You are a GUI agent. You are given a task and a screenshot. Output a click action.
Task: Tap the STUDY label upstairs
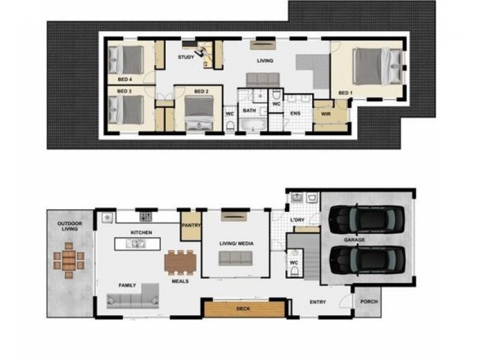click(x=186, y=57)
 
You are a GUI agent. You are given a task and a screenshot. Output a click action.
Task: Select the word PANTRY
click(x=191, y=226)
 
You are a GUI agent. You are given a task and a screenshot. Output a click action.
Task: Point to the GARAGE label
click(x=354, y=239)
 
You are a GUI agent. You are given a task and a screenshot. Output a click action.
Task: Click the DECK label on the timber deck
click(x=244, y=308)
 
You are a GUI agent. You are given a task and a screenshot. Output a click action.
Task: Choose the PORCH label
click(x=369, y=302)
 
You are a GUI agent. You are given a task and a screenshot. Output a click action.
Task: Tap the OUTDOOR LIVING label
click(x=70, y=226)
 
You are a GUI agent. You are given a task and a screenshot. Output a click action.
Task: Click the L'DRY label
click(x=297, y=220)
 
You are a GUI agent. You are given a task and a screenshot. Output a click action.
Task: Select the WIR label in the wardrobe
click(x=326, y=114)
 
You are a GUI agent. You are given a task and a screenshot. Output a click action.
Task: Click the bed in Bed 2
click(x=199, y=113)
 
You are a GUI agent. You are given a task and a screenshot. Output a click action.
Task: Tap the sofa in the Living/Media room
click(x=235, y=259)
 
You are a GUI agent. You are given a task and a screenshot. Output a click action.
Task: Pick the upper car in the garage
click(x=367, y=219)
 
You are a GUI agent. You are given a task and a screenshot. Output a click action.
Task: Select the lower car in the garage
click(x=367, y=260)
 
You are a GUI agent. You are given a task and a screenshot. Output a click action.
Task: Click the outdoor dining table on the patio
click(x=69, y=260)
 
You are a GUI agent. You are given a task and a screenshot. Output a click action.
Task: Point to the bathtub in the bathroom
click(x=253, y=125)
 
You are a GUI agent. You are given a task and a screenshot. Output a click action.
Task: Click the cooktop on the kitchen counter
click(x=146, y=217)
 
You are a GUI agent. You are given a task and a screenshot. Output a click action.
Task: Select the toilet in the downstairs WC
click(x=295, y=271)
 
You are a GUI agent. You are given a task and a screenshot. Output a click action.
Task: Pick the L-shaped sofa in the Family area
click(x=133, y=296)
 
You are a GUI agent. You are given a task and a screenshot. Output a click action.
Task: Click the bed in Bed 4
click(x=126, y=60)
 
